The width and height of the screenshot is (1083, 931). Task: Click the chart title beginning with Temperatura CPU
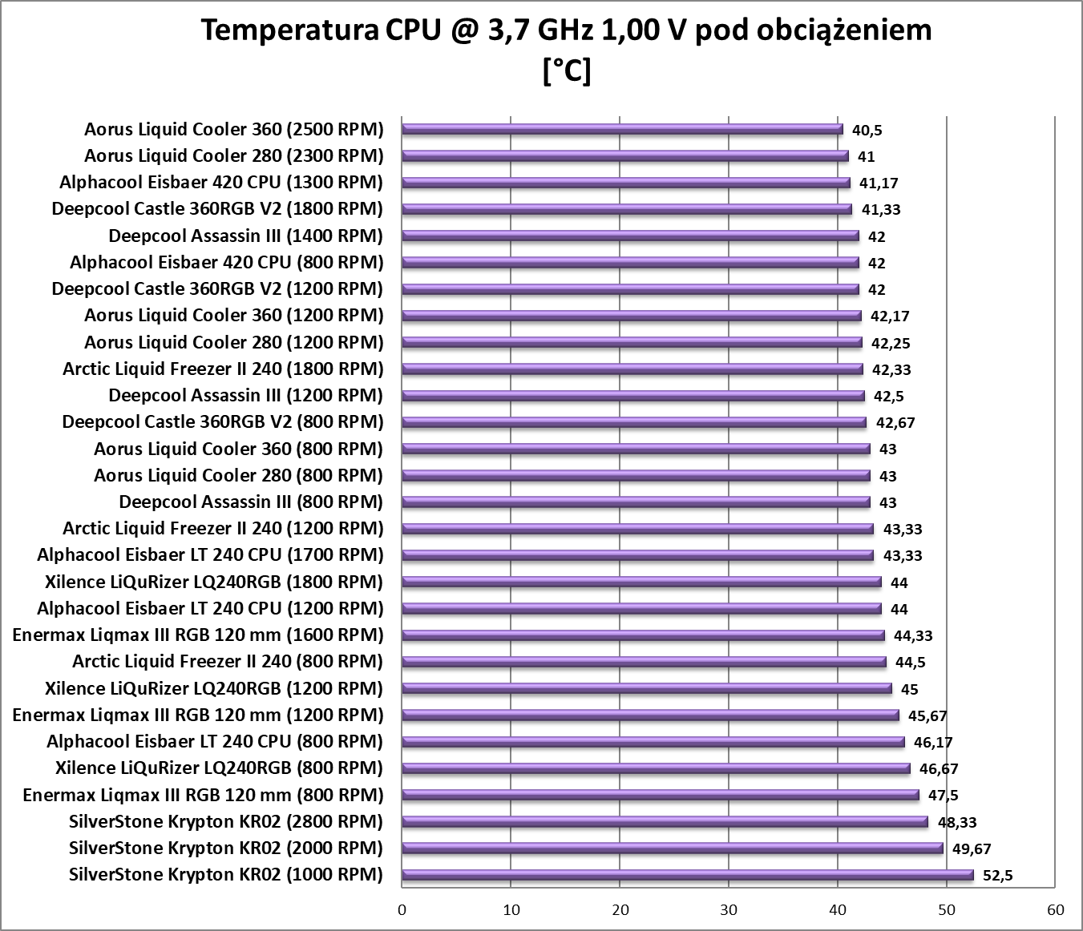[566, 31]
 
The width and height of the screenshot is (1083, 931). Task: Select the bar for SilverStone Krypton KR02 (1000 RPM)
[687, 875]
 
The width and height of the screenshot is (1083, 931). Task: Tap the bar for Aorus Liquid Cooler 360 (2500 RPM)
[622, 129]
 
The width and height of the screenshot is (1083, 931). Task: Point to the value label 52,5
[997, 876]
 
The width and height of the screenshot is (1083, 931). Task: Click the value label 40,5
[867, 130]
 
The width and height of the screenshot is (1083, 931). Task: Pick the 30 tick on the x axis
[729, 909]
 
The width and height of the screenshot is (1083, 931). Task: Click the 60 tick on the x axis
[1055, 909]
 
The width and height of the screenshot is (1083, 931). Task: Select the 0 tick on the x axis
[402, 909]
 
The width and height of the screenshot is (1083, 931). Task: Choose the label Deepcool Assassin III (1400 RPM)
[245, 236]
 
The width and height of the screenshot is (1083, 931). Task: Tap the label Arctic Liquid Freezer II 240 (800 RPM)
[228, 661]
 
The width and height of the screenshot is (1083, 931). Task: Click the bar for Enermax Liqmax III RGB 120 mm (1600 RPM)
[643, 635]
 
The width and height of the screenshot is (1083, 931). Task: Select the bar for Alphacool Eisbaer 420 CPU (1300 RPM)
[625, 183]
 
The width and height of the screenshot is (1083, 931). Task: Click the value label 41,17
[879, 183]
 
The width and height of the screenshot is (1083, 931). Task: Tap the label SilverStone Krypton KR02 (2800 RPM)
[226, 821]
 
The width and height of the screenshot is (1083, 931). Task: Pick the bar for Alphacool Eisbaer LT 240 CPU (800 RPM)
[653, 742]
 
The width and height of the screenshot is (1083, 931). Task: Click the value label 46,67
[939, 769]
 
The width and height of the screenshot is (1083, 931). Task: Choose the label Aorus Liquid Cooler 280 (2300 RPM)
[234, 155]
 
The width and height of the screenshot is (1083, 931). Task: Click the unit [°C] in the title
[566, 71]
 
